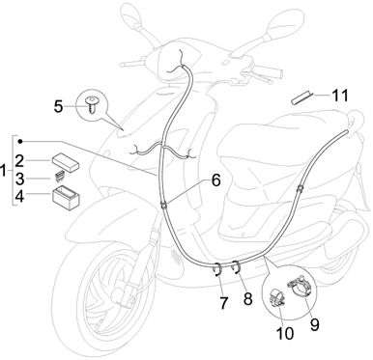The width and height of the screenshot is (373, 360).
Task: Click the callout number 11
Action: pos(340,96)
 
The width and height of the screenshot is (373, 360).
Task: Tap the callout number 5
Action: pos(58,106)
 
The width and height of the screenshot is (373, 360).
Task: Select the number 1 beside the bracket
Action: pos(4,171)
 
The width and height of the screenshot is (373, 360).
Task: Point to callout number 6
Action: pos(215,180)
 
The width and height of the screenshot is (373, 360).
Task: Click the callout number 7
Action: pos(223,303)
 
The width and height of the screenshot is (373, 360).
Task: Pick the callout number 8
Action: pos(247,299)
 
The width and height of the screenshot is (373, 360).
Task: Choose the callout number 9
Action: pos(314,324)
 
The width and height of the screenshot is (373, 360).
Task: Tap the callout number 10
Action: pos(285,334)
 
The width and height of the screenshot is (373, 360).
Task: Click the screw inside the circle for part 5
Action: pos(93,104)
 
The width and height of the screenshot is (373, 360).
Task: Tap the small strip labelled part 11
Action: pos(301,97)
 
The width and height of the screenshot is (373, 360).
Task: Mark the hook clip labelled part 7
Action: pos(218,269)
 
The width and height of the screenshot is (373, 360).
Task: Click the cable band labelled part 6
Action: pos(163,205)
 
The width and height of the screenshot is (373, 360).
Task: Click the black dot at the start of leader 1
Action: pos(20,141)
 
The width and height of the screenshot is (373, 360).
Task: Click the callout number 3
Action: pos(20,180)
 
